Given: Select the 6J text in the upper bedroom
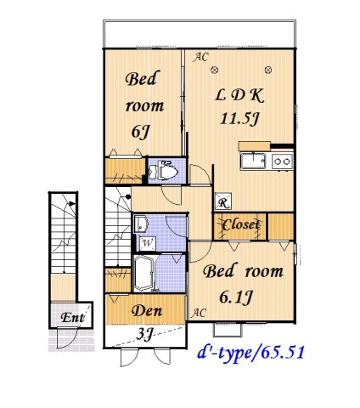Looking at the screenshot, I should pos(141,132).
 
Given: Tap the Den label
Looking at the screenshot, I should pos(145,310).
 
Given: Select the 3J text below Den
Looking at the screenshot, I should pos(145,334).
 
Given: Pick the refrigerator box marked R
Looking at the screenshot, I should pos(222,203).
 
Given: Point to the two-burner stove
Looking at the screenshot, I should pos(282,161).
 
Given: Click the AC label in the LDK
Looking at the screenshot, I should pos(200,57).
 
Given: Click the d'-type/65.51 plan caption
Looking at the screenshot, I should pos(250,349).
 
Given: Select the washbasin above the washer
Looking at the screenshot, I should pos(141,224).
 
